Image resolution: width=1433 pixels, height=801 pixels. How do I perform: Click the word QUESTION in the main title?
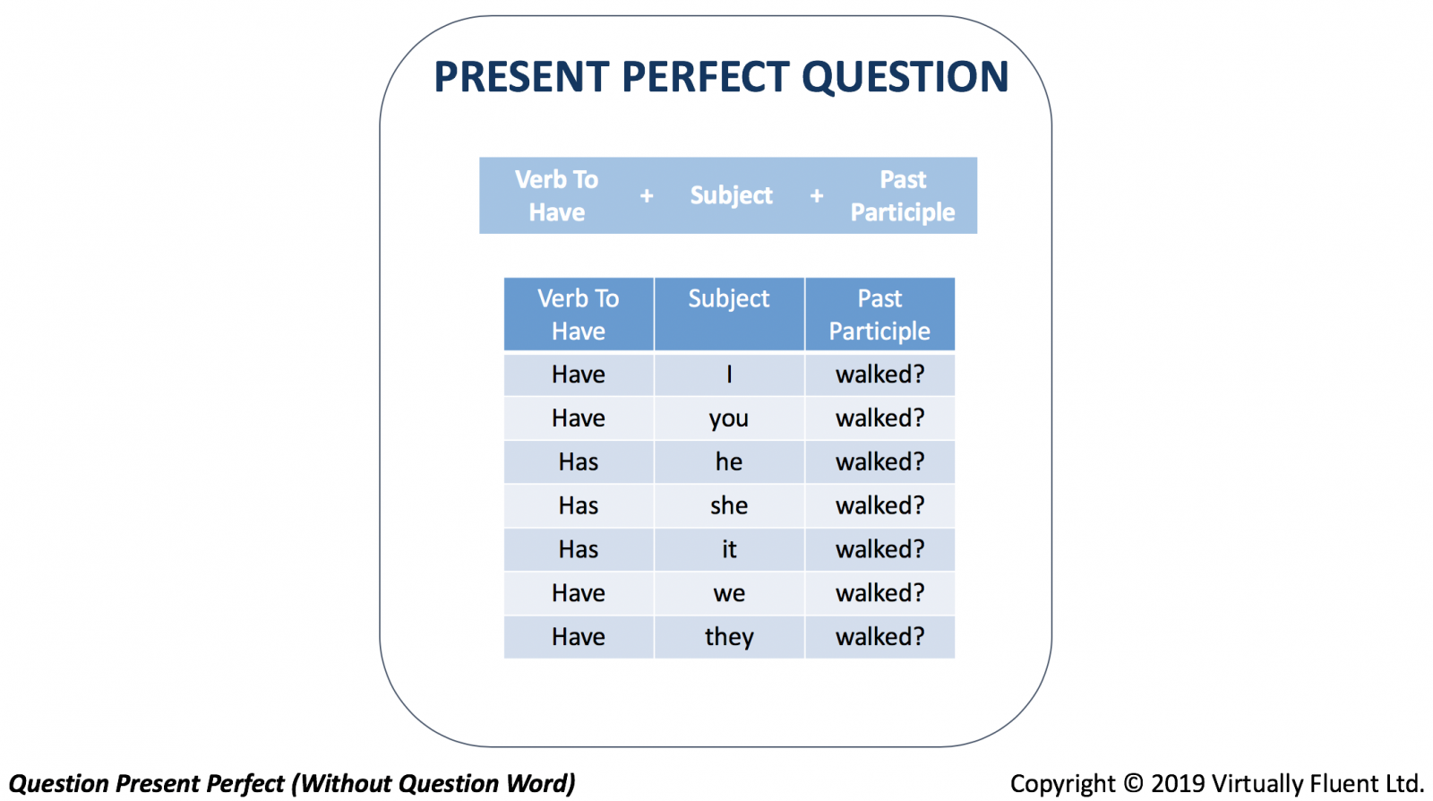click(905, 77)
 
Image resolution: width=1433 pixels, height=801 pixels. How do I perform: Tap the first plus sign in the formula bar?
click(647, 196)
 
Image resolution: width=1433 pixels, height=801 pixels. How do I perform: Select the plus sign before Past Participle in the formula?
click(817, 196)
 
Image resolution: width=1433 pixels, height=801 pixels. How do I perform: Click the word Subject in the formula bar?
click(731, 195)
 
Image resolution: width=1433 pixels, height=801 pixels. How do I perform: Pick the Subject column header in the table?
click(729, 314)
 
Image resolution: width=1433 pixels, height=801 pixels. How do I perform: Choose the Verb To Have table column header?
click(579, 314)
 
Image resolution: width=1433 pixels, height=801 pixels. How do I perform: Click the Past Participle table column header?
click(880, 314)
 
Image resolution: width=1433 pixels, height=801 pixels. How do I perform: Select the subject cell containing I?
click(729, 375)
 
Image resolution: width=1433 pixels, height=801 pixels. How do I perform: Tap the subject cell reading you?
click(729, 418)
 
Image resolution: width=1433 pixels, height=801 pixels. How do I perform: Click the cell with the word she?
click(729, 506)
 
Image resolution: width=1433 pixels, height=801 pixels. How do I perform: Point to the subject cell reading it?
click(729, 549)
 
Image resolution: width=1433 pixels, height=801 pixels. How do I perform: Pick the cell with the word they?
click(729, 637)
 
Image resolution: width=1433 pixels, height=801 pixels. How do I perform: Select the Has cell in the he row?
click(579, 462)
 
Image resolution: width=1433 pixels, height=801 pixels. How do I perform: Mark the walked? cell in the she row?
click(880, 506)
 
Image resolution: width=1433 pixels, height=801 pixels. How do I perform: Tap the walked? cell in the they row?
click(880, 637)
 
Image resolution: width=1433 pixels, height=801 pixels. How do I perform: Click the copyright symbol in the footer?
click(1133, 784)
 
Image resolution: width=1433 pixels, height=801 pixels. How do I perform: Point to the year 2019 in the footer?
click(1178, 784)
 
